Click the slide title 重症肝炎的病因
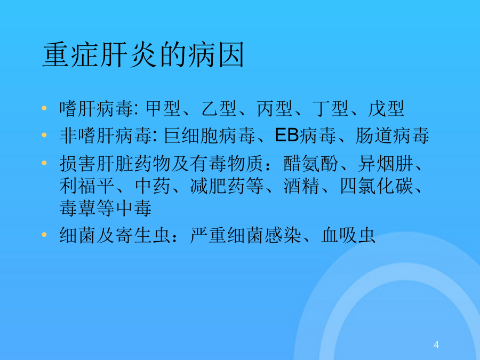click(x=143, y=55)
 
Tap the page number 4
click(x=436, y=345)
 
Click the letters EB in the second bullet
click(x=286, y=135)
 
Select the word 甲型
click(x=164, y=108)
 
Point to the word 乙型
click(x=219, y=108)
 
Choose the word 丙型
click(x=275, y=108)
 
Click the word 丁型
click(x=330, y=108)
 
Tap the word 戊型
click(x=386, y=108)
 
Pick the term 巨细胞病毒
click(x=210, y=135)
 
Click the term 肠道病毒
click(x=392, y=135)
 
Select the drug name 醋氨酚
click(x=311, y=163)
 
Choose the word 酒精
click(x=301, y=186)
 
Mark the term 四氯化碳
click(x=376, y=186)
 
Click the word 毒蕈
click(x=77, y=208)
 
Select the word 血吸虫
click(x=348, y=235)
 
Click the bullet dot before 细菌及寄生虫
click(x=44, y=235)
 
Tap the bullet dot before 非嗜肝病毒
click(x=44, y=135)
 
